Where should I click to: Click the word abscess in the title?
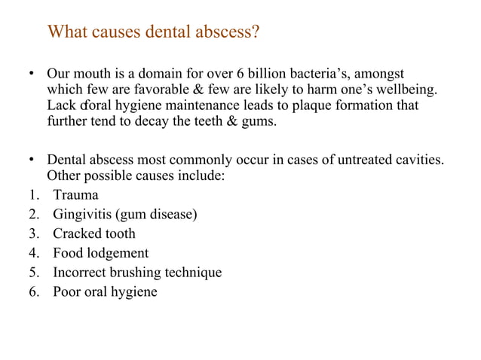[x=228, y=33]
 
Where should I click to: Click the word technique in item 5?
[x=195, y=273]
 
